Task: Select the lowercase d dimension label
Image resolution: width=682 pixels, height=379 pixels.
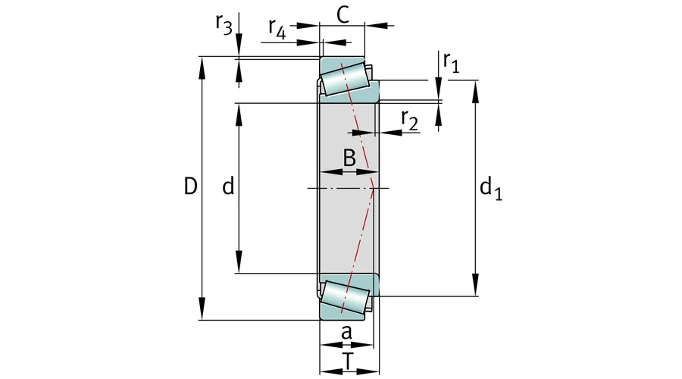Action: [x=227, y=186]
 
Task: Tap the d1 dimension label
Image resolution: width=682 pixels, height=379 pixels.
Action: [x=491, y=188]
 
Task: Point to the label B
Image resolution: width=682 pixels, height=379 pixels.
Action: [x=349, y=158]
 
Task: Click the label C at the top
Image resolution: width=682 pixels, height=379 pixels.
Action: [x=343, y=15]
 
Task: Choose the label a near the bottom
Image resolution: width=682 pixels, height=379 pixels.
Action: [x=346, y=332]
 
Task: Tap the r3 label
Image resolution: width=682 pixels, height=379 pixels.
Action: [x=223, y=24]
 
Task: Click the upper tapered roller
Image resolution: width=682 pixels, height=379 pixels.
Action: [x=345, y=79]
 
